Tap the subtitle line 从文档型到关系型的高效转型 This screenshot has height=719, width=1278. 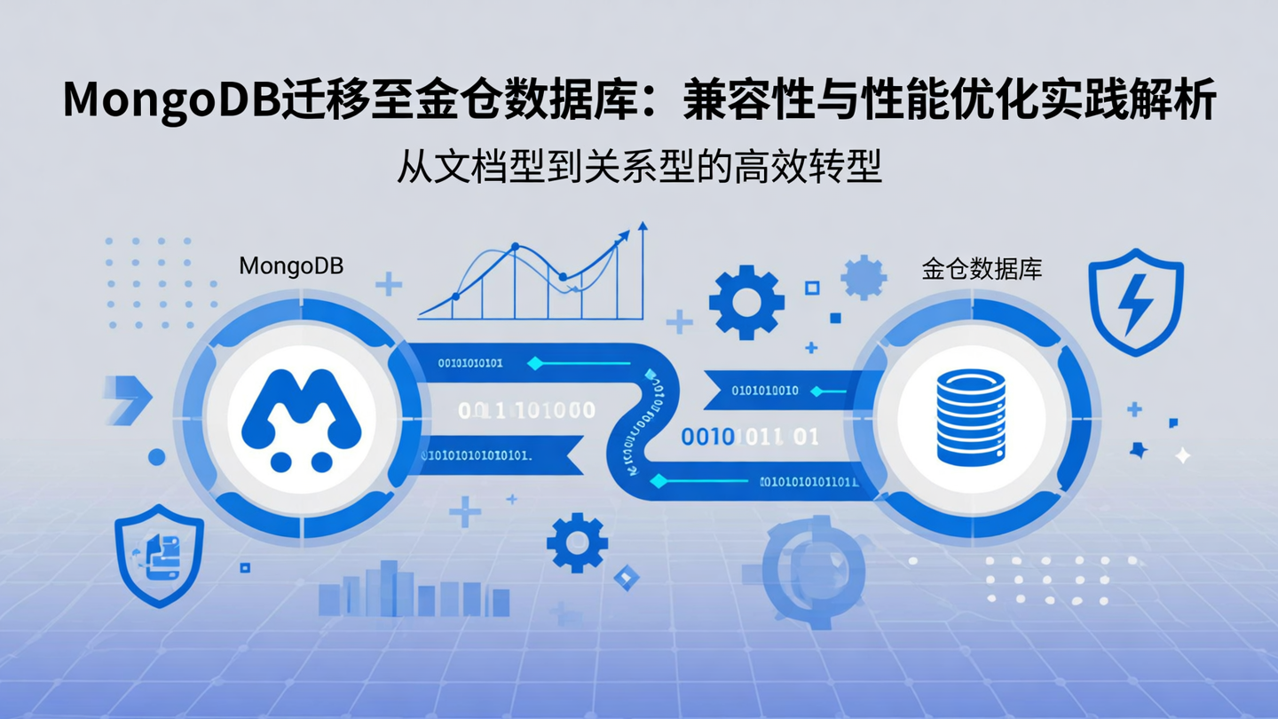click(x=638, y=166)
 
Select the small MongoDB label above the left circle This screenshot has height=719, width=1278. click(x=291, y=265)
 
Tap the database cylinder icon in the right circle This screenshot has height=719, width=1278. click(x=970, y=416)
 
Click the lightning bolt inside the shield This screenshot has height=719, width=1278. click(x=1135, y=305)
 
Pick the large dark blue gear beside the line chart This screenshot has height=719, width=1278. click(x=746, y=302)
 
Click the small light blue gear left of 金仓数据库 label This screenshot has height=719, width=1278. click(x=863, y=277)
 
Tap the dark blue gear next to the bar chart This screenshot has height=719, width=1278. click(x=577, y=541)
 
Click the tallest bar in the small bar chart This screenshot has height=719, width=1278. click(x=388, y=587)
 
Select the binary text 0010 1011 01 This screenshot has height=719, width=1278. click(x=749, y=437)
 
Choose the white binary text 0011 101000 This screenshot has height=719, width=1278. click(x=526, y=410)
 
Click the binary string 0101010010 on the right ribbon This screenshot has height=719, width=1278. click(x=764, y=391)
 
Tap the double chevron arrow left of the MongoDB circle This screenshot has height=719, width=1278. click(x=126, y=398)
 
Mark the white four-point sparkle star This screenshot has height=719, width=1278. click(x=1182, y=455)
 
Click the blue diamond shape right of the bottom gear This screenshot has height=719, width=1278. click(x=627, y=578)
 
